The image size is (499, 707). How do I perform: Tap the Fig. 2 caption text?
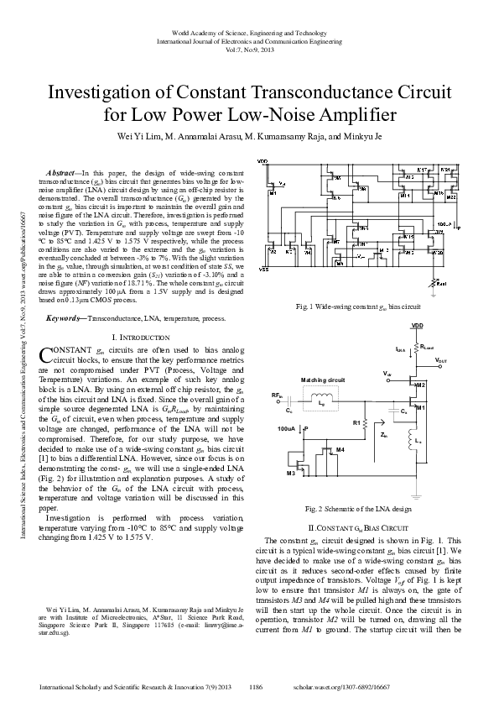click(x=358, y=509)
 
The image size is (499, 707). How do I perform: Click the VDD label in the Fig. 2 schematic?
click(x=417, y=326)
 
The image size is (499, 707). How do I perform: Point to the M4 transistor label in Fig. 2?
click(x=340, y=451)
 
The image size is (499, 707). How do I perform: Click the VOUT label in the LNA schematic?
click(x=442, y=359)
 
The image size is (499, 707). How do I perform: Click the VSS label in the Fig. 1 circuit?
click(x=262, y=270)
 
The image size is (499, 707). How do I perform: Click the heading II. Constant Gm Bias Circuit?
click(x=359, y=526)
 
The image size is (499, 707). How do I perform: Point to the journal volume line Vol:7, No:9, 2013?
click(x=249, y=50)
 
